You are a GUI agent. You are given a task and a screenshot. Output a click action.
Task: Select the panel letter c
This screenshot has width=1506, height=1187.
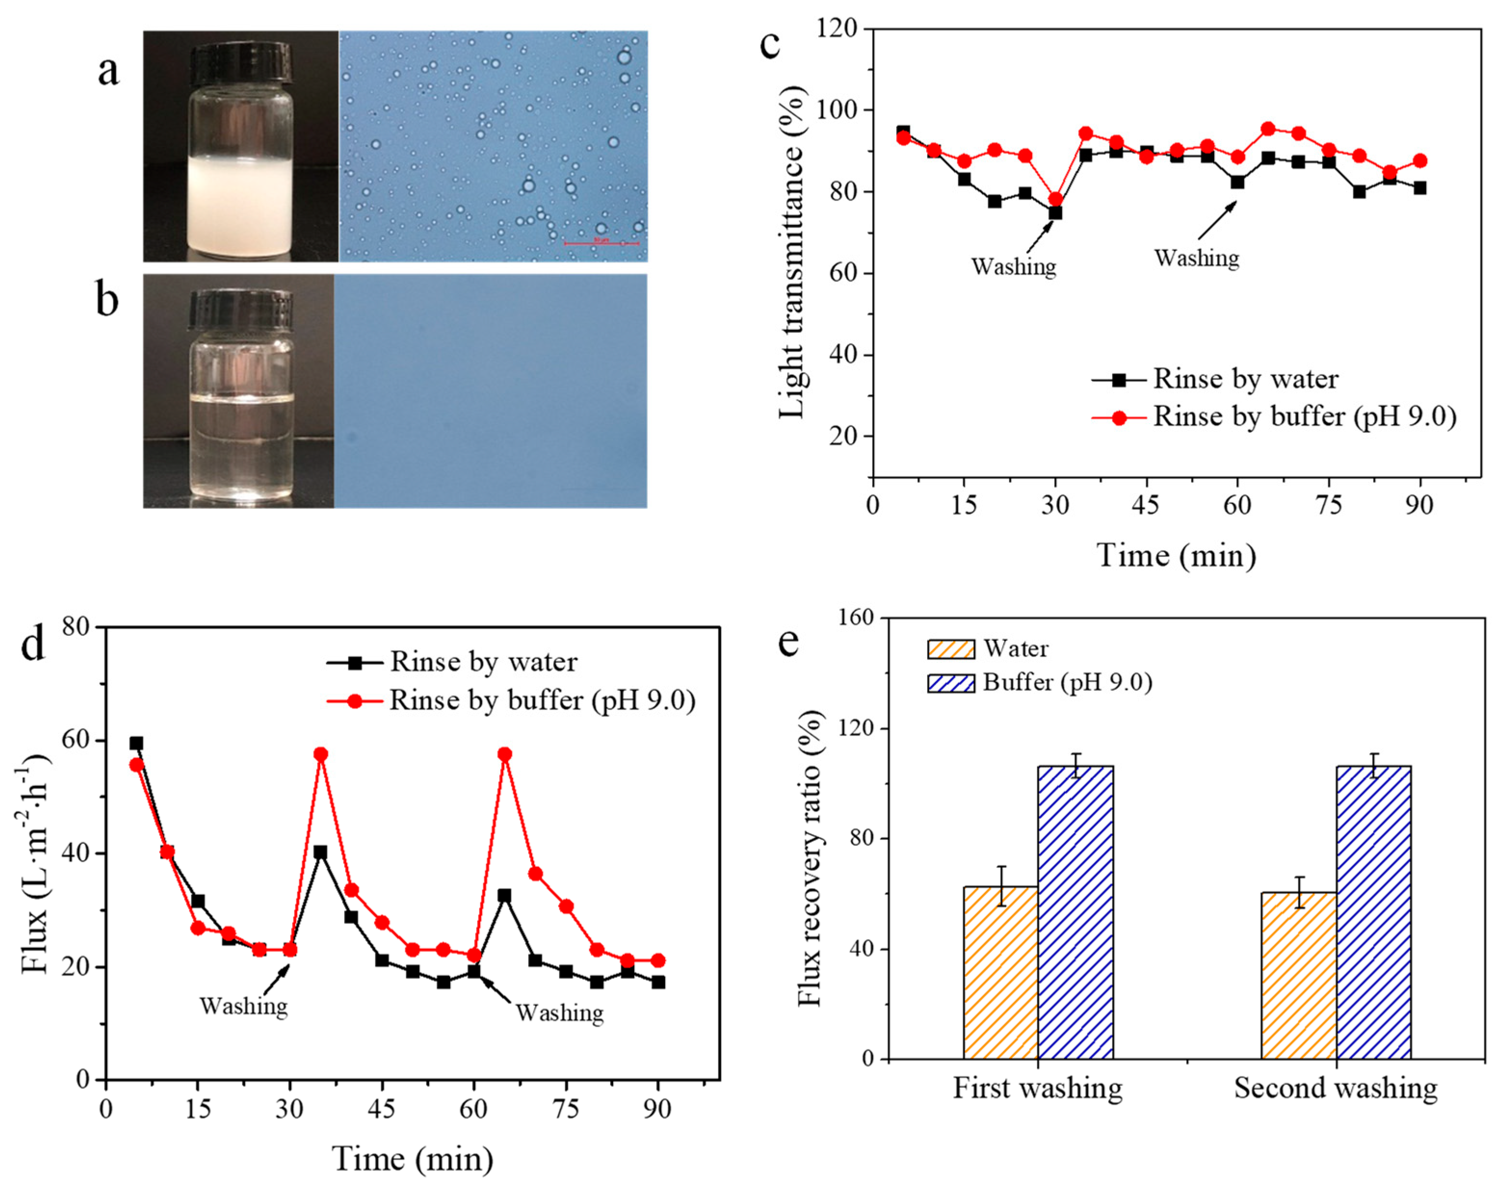coord(770,43)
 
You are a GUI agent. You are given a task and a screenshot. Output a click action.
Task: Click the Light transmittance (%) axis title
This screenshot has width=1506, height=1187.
coord(792,253)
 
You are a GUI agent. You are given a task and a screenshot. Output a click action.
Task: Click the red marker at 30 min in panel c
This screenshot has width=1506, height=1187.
coord(1055,199)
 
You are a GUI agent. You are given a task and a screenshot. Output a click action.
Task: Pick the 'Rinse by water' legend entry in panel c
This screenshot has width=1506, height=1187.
coord(1244,379)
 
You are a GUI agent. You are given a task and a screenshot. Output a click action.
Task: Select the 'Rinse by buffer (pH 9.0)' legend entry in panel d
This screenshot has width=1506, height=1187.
coord(542,700)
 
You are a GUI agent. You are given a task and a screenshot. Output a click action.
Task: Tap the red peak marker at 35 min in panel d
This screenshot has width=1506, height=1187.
coord(321,754)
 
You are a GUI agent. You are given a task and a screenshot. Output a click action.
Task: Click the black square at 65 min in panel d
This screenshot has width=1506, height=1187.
coord(505,896)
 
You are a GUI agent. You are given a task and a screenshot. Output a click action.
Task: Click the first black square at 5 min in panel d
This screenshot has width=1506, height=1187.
coord(136,744)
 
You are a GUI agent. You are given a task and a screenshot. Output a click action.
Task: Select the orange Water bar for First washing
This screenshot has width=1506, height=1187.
coord(1000,972)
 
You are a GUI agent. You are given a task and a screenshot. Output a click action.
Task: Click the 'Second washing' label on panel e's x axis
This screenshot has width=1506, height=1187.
coord(1335,1088)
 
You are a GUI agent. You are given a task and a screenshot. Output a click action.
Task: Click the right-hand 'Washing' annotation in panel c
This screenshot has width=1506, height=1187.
coord(1197,258)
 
